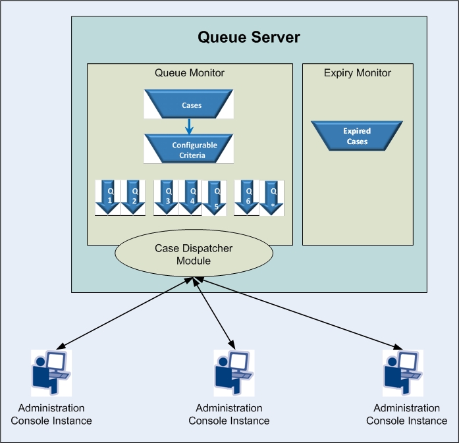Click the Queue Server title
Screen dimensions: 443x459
(249, 37)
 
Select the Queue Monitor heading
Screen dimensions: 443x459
(190, 72)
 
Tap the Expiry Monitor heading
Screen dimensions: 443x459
(358, 72)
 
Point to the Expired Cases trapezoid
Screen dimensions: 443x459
(356, 136)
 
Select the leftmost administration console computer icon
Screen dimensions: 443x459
(51, 373)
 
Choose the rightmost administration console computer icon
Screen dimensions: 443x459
(402, 373)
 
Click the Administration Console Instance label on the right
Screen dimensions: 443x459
(406, 415)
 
